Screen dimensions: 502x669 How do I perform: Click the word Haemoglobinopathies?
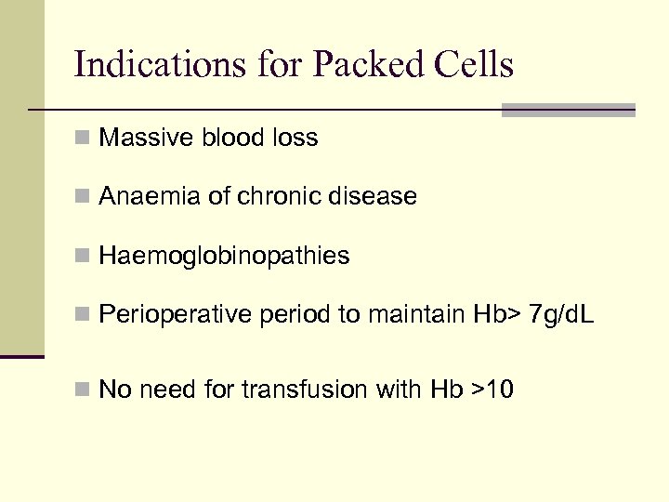224,257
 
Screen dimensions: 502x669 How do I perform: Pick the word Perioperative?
175,316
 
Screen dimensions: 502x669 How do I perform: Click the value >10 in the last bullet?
492,390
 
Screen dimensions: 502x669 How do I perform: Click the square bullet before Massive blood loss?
83,139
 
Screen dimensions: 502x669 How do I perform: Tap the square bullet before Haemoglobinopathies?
83,257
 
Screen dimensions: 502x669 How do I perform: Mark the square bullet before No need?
83,390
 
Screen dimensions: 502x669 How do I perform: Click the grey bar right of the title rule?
568,110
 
